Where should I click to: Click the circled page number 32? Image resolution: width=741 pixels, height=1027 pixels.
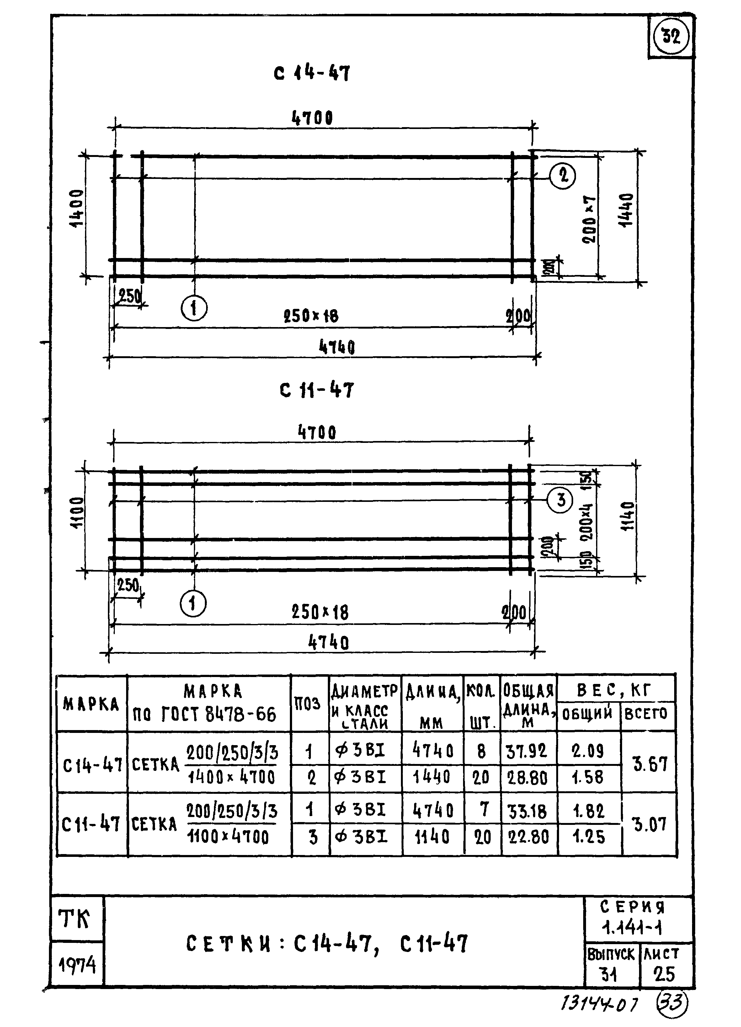pyautogui.click(x=671, y=36)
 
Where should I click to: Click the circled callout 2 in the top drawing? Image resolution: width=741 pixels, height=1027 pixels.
pyautogui.click(x=563, y=175)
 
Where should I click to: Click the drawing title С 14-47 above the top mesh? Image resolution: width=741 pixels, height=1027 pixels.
pyautogui.click(x=312, y=73)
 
